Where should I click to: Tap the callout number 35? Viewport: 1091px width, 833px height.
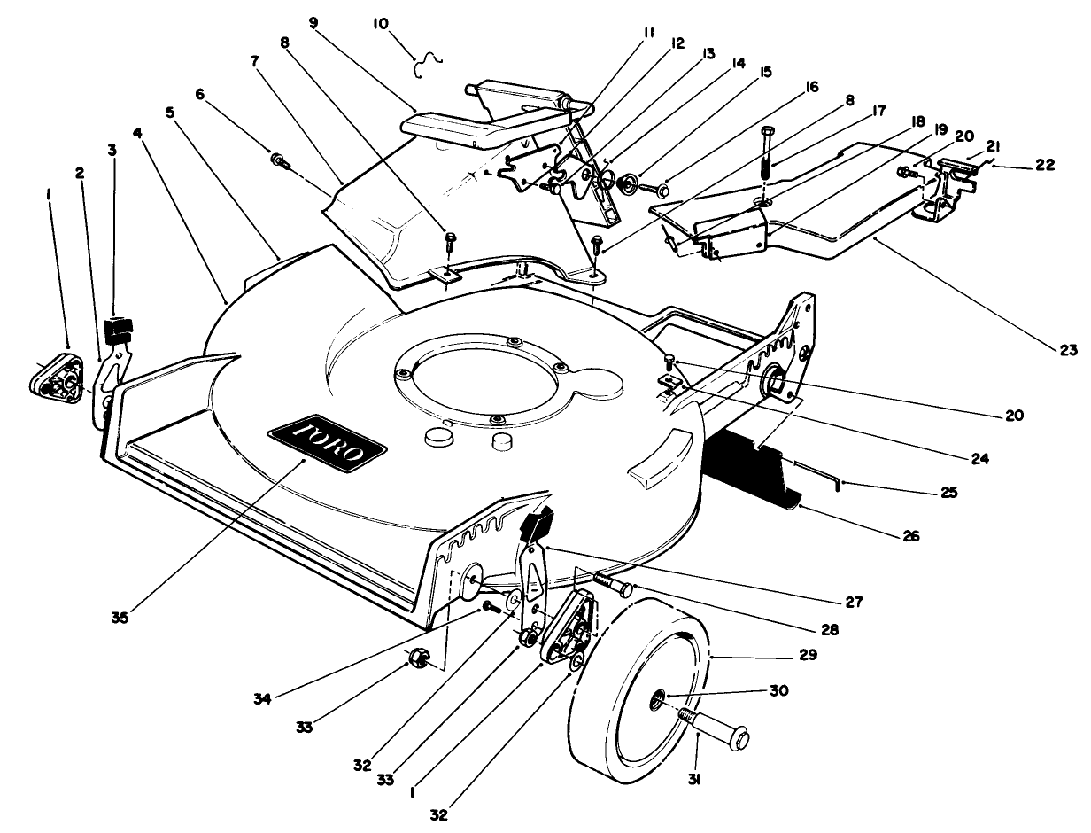click(x=120, y=618)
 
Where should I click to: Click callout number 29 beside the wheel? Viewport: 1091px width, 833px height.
click(x=806, y=656)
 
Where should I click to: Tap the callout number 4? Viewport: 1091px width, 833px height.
click(x=137, y=132)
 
